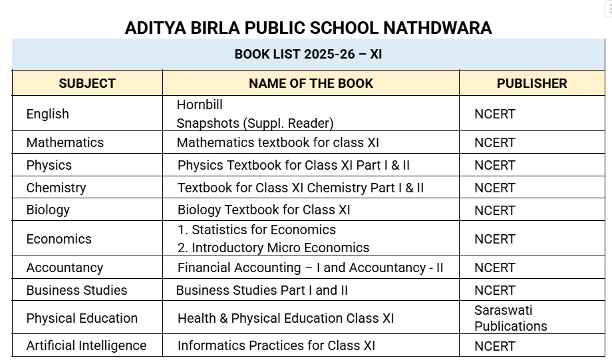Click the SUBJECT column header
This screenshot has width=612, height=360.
point(87,84)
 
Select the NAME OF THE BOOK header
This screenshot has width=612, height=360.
point(311,84)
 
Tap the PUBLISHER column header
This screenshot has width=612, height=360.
point(532,84)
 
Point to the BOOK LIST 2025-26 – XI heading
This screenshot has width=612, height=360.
point(308,55)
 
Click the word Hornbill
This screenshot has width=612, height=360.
point(200,105)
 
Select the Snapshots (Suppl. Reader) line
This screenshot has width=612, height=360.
point(255,123)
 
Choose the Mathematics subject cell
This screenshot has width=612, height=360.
point(65,142)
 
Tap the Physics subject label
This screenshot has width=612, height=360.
point(49,165)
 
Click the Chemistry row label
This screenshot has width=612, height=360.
point(57,188)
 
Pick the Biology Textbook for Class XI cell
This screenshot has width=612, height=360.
point(263,210)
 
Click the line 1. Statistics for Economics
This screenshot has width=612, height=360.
point(257,230)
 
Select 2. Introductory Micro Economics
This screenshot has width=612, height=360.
point(273,248)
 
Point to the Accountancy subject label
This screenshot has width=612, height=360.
point(65,268)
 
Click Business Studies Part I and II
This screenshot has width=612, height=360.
point(261,290)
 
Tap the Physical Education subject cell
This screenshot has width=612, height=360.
point(82,318)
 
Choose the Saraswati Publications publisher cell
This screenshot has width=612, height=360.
point(510,318)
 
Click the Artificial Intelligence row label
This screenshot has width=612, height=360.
point(86,345)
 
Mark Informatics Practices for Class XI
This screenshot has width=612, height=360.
point(276,345)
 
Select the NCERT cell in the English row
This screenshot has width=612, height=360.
point(495,114)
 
